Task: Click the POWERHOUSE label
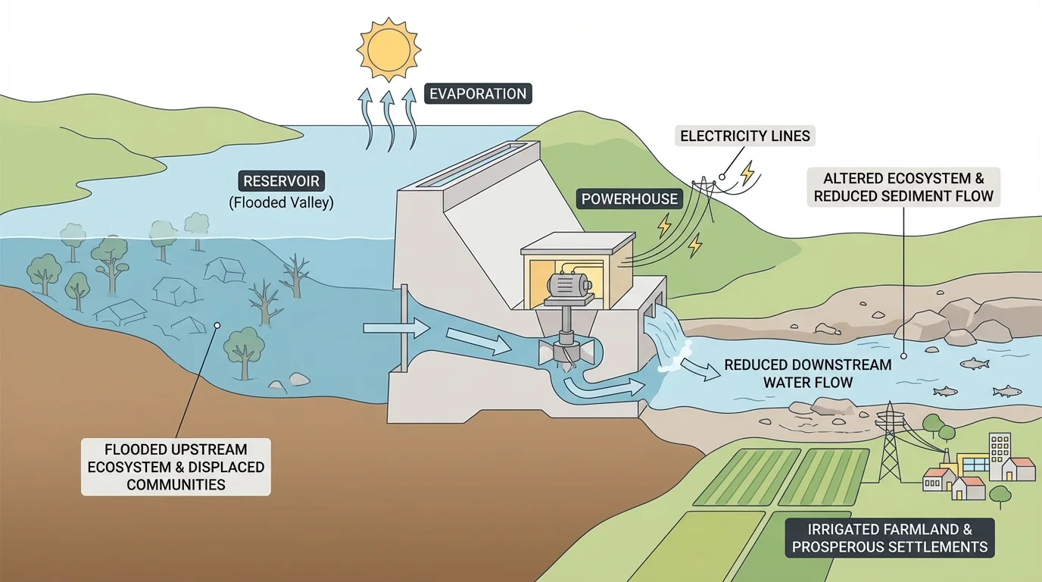click(x=630, y=199)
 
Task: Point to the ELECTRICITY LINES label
click(x=745, y=136)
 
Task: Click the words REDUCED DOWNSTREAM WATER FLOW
click(x=807, y=374)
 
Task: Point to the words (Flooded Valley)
click(x=282, y=203)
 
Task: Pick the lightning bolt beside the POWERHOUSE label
click(x=664, y=225)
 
